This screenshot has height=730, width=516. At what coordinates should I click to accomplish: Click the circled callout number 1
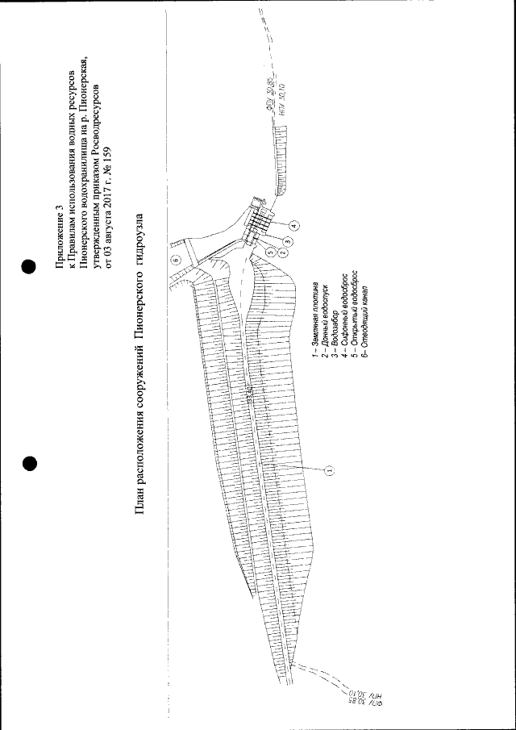[330, 469]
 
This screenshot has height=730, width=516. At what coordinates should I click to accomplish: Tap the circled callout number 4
[293, 226]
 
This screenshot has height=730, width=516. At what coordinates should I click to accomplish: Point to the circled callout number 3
[287, 240]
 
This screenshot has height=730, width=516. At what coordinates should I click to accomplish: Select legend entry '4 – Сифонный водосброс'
[346, 315]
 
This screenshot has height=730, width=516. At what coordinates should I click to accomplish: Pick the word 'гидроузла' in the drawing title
[140, 234]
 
